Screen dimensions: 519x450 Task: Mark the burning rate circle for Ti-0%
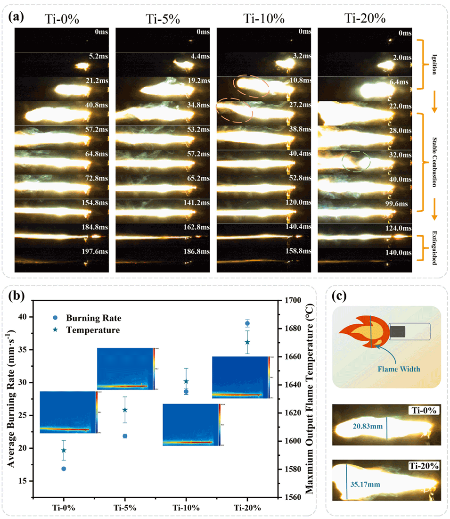pyautogui.click(x=64, y=469)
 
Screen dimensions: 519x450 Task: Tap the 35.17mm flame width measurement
pyautogui.click(x=364, y=483)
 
